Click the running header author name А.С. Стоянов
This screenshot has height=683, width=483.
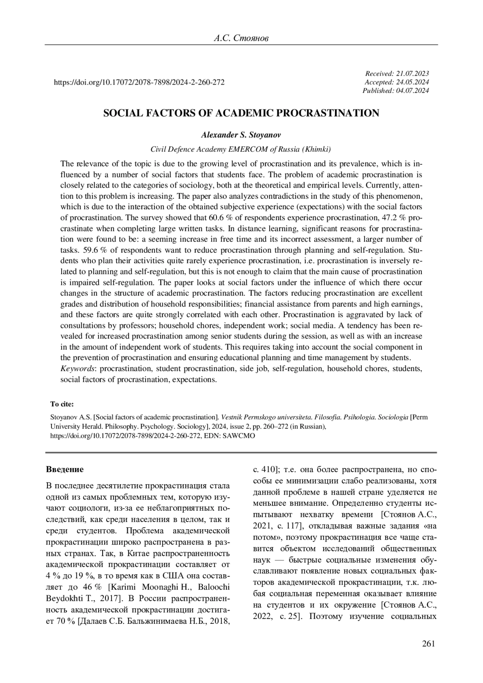point(241,38)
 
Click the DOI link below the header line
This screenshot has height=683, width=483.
point(139,82)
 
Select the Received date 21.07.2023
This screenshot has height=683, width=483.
point(413,73)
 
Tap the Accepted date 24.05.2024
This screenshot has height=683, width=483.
point(413,82)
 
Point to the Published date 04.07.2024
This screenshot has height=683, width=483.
point(413,91)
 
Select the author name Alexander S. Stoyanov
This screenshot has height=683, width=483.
point(241,135)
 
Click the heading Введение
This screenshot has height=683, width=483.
point(65,469)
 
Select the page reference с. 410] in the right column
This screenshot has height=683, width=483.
point(265,469)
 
